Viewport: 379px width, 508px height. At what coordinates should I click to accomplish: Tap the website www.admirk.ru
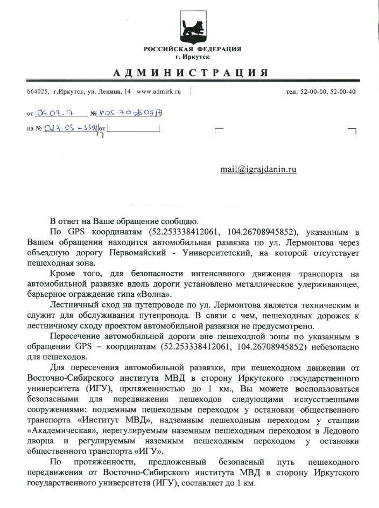[159, 92]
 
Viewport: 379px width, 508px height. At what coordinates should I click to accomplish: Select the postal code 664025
[38, 92]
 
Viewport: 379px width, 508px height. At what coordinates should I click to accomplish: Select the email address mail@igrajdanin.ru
[258, 169]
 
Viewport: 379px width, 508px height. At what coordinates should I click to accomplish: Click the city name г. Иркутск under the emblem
[192, 57]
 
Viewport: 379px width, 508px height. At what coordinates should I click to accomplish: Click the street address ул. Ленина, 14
[106, 92]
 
